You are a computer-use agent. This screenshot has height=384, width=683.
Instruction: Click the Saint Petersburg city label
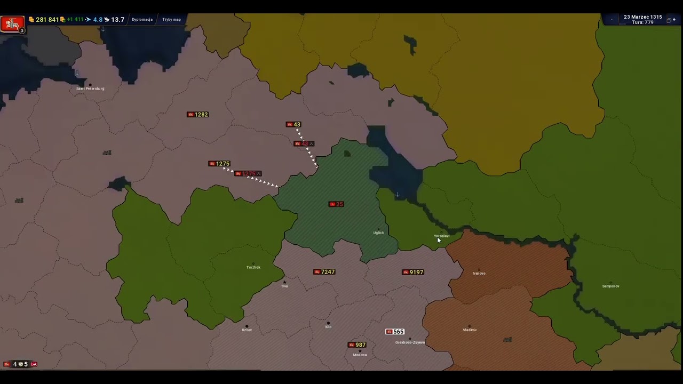click(90, 89)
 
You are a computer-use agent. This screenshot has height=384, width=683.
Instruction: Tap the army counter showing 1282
click(198, 115)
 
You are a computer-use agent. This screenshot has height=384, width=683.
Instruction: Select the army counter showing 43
click(294, 125)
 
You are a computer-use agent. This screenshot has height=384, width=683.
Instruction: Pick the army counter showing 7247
click(324, 272)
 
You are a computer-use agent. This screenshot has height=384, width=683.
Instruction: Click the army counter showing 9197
click(413, 273)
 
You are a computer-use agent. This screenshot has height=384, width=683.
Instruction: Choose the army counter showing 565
click(395, 332)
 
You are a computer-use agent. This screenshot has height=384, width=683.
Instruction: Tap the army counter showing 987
click(357, 345)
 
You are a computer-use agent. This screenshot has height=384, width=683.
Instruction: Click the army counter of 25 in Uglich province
click(336, 204)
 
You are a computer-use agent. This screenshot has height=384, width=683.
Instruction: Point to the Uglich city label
click(378, 233)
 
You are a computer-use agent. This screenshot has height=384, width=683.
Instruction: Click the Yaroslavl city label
click(442, 236)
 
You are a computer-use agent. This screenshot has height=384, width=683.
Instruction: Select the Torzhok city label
click(253, 267)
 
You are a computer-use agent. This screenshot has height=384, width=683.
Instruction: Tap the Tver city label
click(284, 286)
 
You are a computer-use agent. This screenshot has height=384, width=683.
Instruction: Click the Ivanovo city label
click(479, 274)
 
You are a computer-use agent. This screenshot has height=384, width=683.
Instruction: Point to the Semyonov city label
click(611, 286)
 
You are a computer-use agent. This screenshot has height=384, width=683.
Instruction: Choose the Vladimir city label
click(470, 330)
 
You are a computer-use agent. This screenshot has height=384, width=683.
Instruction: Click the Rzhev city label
click(247, 330)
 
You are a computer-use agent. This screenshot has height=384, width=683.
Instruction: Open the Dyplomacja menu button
click(142, 20)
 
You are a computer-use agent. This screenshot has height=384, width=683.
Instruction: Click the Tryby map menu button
click(172, 20)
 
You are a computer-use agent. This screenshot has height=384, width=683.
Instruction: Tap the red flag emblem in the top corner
click(12, 23)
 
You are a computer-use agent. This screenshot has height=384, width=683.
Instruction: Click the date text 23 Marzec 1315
click(642, 17)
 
